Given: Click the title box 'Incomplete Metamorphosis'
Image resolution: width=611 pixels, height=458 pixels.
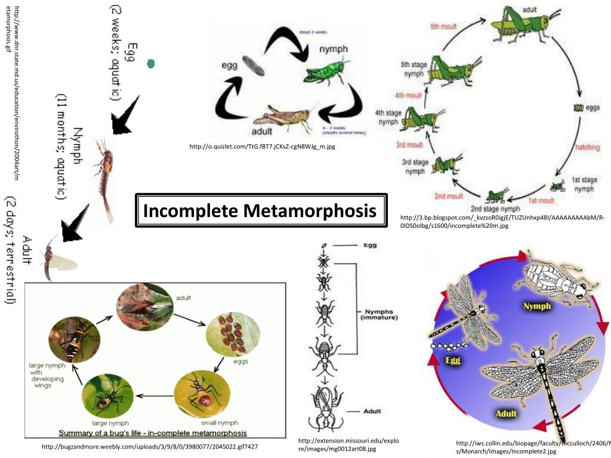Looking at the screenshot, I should tap(260, 211).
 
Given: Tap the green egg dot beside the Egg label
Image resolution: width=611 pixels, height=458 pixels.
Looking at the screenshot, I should tap(151, 63).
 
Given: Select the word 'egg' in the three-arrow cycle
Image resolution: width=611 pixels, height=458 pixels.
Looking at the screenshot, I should tap(230, 64).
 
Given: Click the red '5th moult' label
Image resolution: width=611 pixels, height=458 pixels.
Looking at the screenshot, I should tap(443, 26).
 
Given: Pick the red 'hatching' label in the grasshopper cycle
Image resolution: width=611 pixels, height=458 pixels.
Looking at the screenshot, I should tap(587, 147).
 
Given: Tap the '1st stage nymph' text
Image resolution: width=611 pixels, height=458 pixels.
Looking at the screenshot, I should tap(583, 184).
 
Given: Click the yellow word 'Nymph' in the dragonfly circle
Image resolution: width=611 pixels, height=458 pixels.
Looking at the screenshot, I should tap(537, 306).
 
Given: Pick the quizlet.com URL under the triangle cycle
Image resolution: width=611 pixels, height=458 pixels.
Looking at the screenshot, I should tap(263, 146).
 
